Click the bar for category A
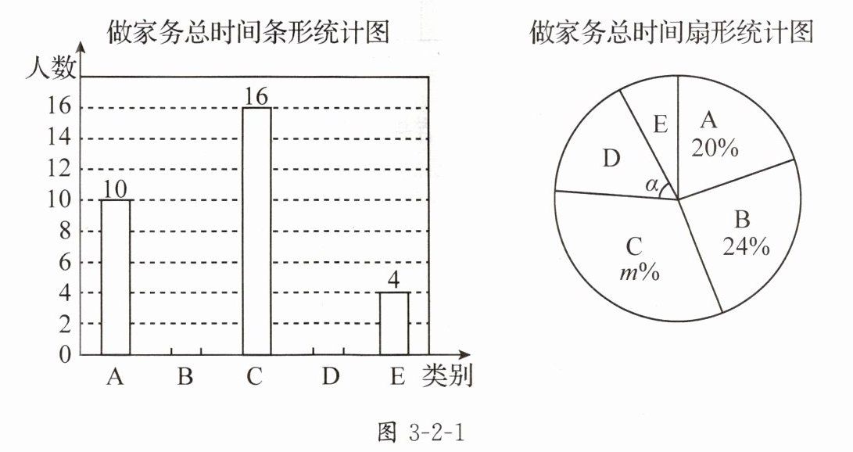pos(116,277)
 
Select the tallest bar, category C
pos(256,231)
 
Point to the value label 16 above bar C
pos(256,96)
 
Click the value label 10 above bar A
pos(116,188)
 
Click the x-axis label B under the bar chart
pos(185,377)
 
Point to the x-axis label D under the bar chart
pos(331,377)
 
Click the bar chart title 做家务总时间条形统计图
pos(248,32)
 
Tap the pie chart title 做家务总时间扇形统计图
pos(672,32)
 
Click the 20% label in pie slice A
pos(715,148)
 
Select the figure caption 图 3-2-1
pos(425,431)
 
